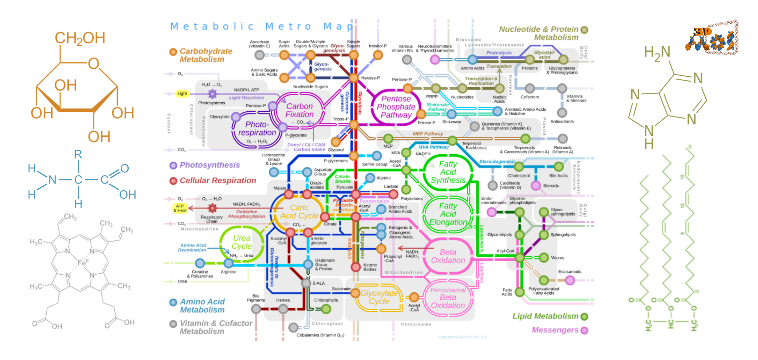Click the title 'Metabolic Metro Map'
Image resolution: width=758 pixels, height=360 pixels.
(x=262, y=26)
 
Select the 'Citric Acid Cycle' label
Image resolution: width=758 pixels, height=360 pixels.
(x=299, y=212)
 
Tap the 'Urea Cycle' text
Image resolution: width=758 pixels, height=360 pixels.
(x=242, y=242)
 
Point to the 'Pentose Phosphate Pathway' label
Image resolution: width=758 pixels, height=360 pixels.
(x=396, y=107)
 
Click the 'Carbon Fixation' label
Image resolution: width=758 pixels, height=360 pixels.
(x=299, y=110)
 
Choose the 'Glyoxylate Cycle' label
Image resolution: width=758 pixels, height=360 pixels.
(x=379, y=297)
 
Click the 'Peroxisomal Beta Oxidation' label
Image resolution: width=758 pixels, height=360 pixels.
(x=448, y=298)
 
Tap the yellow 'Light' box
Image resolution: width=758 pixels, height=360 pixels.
(x=182, y=93)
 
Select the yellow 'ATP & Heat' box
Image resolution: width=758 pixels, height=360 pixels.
(x=180, y=208)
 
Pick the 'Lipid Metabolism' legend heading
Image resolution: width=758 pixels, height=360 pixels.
(x=545, y=316)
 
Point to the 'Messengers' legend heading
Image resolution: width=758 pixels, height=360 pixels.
(x=555, y=330)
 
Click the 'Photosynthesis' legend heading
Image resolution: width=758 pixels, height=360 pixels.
(x=210, y=165)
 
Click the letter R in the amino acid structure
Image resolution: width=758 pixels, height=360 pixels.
(x=78, y=155)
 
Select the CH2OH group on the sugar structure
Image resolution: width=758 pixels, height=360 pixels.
(x=80, y=38)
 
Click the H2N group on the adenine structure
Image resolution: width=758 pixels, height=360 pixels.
(x=657, y=53)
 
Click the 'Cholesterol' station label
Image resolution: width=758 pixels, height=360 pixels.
(x=519, y=176)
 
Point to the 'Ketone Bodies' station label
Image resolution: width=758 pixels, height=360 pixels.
(x=370, y=267)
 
